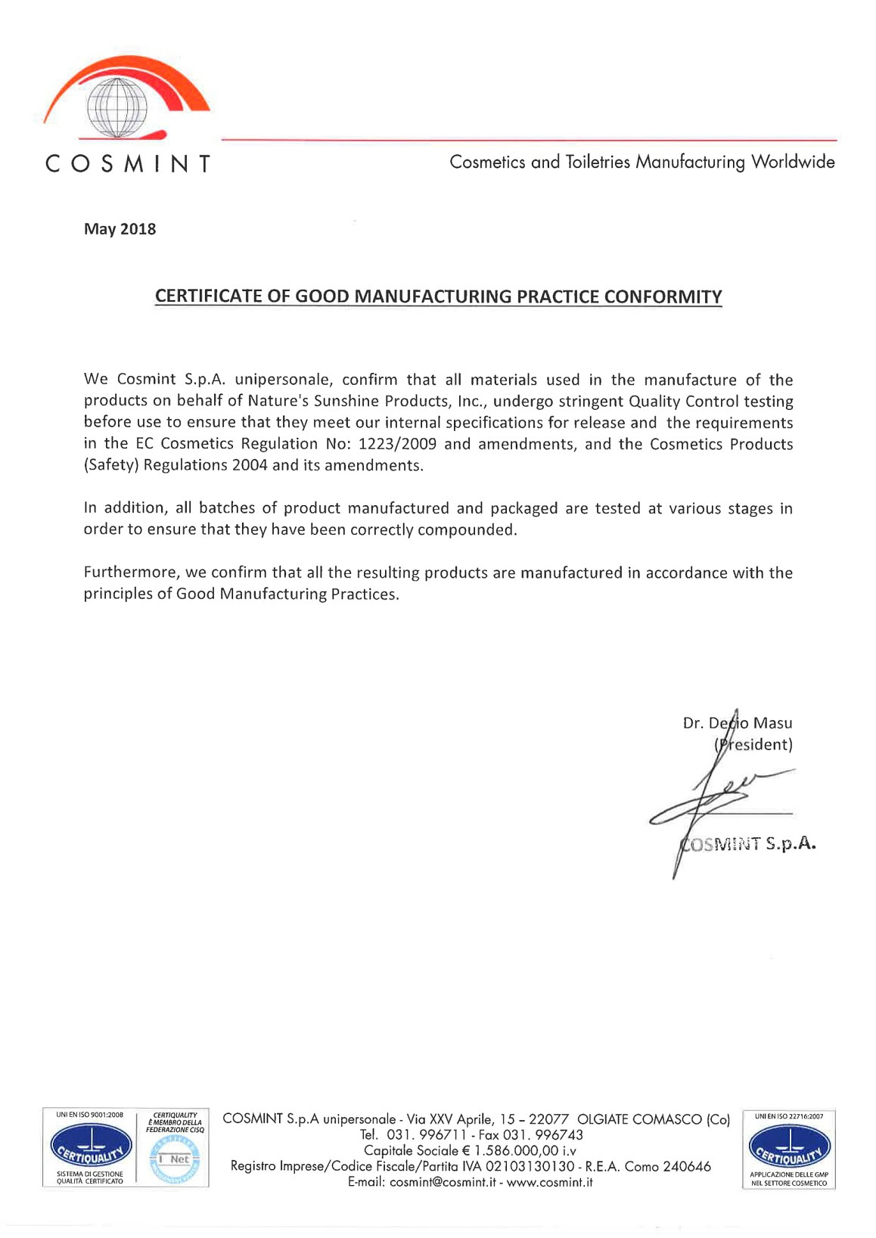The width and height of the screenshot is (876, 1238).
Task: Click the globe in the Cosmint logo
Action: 116,107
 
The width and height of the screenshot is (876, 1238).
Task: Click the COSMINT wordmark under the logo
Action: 127,163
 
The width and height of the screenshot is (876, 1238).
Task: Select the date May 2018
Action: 120,229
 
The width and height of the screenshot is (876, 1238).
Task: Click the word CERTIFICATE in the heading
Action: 208,296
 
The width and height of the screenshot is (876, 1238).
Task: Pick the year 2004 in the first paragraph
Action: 250,465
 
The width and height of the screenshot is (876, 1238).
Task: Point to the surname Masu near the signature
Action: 772,723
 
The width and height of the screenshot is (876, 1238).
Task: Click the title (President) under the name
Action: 753,744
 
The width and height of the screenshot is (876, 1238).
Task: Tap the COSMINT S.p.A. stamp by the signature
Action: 749,844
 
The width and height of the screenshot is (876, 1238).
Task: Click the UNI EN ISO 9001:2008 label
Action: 89,1115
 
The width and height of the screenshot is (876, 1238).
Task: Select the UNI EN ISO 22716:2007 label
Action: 789,1116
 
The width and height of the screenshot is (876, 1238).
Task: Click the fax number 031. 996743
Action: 543,1134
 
